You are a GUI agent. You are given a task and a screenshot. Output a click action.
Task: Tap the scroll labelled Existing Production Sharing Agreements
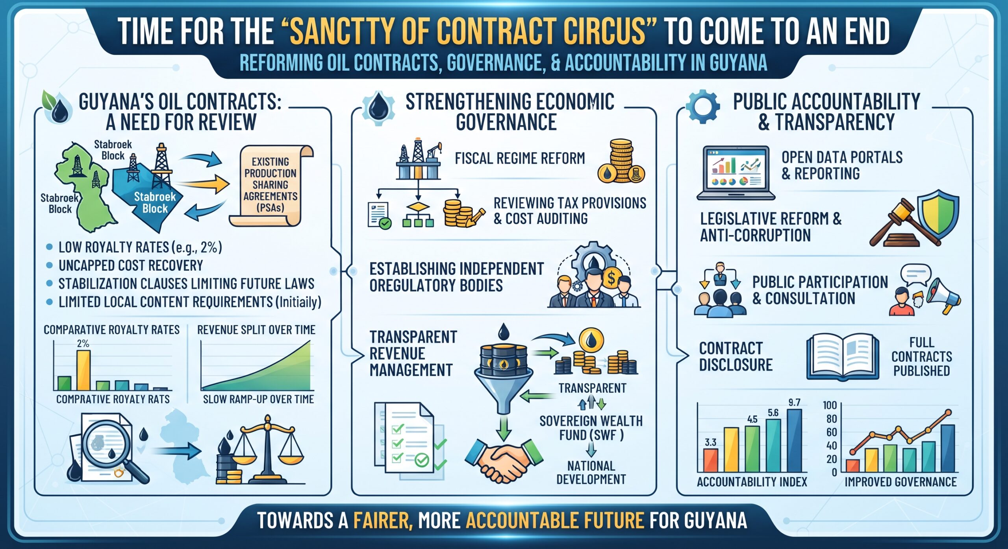pos(271,185)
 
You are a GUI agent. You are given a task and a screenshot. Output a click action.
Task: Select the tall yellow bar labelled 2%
pos(83,370)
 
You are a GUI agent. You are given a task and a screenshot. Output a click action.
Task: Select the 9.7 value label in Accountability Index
pos(794,402)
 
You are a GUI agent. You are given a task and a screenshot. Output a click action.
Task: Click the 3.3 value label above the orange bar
pos(710,442)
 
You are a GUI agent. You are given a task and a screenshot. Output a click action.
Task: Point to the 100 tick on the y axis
pos(830,405)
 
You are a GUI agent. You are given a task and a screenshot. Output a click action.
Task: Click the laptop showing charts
pos(736,173)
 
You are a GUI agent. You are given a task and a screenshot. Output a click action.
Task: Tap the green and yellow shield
pos(938,212)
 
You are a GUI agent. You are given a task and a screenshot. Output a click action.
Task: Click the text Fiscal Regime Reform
pos(520,158)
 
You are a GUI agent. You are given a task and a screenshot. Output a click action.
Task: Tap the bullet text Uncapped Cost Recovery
pos(131,265)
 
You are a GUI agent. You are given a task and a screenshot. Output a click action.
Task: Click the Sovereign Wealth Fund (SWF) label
pos(591,428)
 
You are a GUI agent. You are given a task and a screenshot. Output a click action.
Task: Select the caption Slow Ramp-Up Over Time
pos(258,399)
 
